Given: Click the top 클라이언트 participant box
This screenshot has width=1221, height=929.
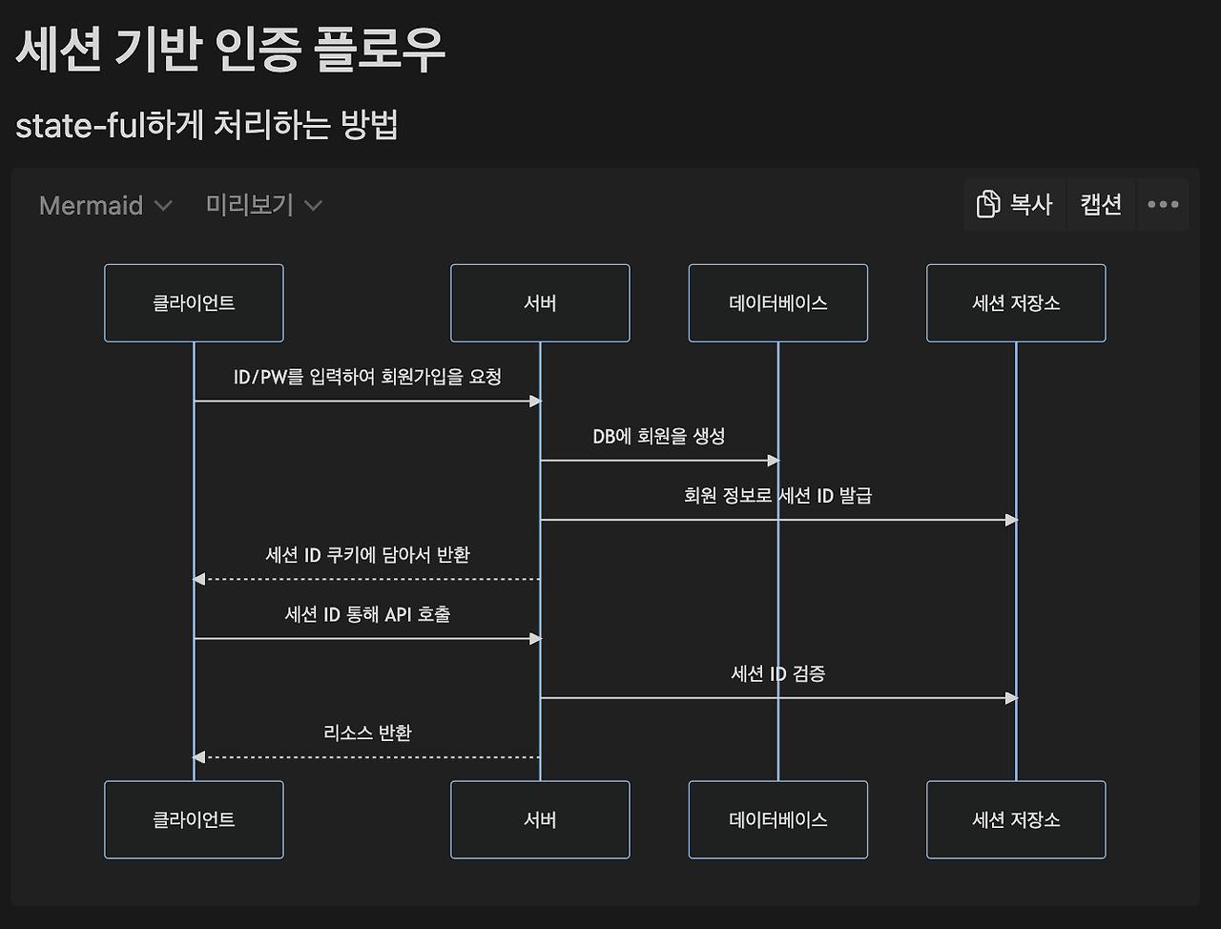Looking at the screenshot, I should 194,303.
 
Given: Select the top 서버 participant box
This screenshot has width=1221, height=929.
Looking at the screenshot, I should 540,303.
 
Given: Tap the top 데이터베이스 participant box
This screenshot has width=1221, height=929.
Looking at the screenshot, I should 777,303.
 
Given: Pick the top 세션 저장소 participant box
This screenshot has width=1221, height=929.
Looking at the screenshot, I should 1016,303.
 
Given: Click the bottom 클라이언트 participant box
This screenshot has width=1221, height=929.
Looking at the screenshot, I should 194,819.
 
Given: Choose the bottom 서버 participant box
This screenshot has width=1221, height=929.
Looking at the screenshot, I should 540,819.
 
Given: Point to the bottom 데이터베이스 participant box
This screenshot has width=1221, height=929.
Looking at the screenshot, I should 777,819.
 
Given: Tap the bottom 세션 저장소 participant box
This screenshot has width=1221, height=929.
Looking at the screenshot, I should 1016,819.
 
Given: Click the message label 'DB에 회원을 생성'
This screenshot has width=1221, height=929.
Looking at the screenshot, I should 659,436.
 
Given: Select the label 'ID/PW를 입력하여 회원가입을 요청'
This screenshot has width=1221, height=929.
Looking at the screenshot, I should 367,377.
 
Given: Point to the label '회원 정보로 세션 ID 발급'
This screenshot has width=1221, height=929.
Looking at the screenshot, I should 777,495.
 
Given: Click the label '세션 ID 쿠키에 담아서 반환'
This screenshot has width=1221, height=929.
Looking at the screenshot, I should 367,554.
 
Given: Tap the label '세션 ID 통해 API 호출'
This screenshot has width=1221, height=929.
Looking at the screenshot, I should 367,614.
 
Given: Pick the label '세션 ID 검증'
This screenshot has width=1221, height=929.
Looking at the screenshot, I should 777,673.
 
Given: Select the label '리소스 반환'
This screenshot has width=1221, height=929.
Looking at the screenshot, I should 367,733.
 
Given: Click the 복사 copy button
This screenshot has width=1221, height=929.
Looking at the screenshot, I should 1014,204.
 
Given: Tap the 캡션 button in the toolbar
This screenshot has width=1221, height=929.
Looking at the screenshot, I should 1101,204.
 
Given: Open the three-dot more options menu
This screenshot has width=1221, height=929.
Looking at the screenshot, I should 1163,204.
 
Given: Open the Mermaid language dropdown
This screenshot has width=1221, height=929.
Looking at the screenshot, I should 105,205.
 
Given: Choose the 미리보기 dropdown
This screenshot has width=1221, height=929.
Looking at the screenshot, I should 263,205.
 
